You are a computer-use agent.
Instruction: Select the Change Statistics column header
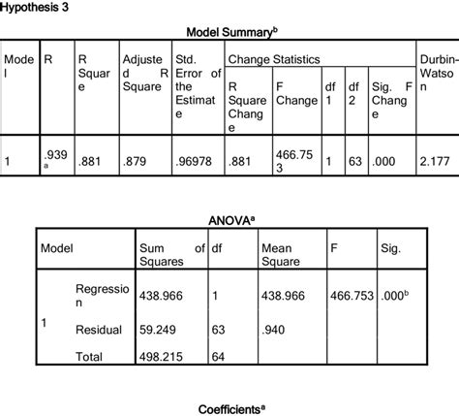point(273,59)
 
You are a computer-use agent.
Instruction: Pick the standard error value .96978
point(193,163)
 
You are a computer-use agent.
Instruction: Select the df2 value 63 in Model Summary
point(357,163)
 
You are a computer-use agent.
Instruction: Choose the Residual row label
point(98,330)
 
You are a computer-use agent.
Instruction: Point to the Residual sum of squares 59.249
point(160,330)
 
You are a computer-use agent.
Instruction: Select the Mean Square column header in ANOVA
point(279,254)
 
